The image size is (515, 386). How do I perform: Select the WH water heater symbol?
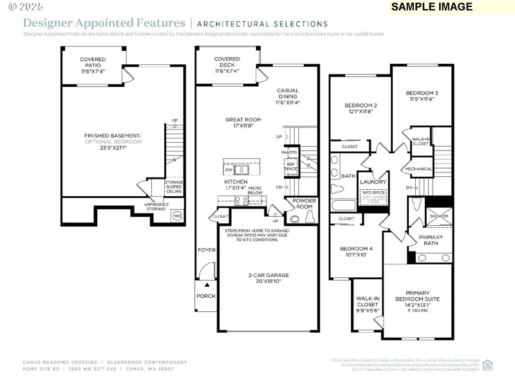pyautogui.click(x=176, y=215)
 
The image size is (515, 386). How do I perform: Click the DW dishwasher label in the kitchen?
pyautogui.click(x=229, y=170)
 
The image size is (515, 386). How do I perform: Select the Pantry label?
pyautogui.click(x=289, y=152)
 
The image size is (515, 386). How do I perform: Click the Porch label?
pyautogui.click(x=206, y=297)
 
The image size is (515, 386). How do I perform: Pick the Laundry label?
pyautogui.click(x=373, y=182)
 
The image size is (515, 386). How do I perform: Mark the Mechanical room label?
pyautogui.click(x=418, y=169)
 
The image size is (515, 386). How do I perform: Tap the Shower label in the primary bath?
pyautogui.click(x=439, y=216)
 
